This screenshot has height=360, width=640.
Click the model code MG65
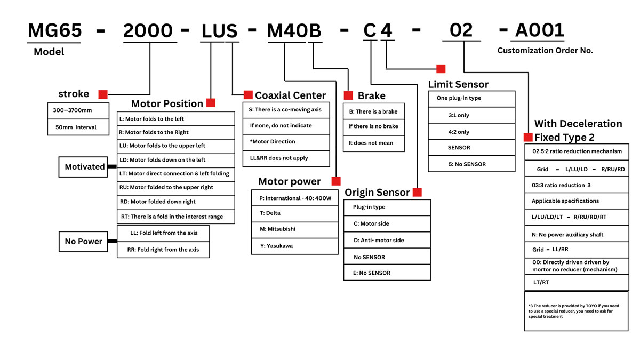pos(54,31)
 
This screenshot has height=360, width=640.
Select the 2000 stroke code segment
pos(148,31)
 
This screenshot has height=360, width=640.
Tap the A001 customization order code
pos(539,31)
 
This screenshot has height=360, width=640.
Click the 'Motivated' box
pos(85,167)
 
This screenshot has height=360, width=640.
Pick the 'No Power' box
pos(83,242)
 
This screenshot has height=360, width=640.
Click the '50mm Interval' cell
pos(78,127)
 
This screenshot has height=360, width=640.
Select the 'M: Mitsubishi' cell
pos(295,229)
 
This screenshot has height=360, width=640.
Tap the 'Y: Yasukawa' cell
pos(295,246)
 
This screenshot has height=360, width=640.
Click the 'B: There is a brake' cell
pos(373,111)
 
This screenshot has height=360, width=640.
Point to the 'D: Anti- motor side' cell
pos(387,241)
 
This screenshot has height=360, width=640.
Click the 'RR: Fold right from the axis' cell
pos(163,250)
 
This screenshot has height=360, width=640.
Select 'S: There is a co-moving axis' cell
pos(286,110)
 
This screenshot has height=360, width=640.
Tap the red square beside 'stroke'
pos(103,94)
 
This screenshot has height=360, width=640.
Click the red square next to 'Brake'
pos(348,95)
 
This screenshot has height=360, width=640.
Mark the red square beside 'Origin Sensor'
pos(417,192)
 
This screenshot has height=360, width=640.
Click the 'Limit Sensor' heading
pos(458,84)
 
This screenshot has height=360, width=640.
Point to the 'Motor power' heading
pos(290,181)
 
